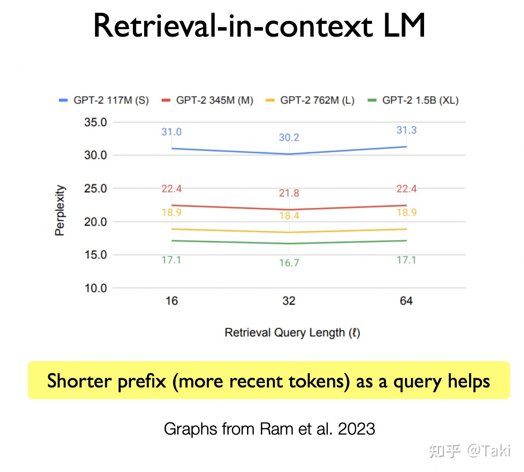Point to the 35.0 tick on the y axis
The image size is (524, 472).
point(95,122)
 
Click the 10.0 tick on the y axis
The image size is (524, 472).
point(95,288)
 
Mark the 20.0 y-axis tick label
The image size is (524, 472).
point(95,222)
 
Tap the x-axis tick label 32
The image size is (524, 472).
point(289,301)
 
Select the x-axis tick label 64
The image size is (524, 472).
point(406,301)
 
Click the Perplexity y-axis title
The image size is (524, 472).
point(60,210)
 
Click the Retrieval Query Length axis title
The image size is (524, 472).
point(292,332)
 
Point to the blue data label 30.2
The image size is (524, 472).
point(289,138)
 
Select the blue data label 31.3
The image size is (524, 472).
point(406,130)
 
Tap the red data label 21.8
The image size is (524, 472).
point(289,193)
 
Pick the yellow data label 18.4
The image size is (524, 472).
point(289,216)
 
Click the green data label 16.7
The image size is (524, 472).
point(289,263)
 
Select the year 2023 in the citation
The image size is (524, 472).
point(356,429)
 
